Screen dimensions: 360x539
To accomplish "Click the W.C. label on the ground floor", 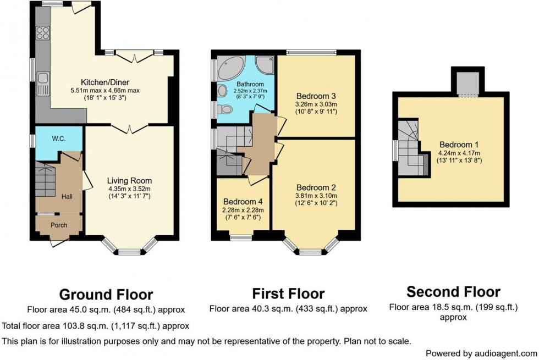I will click(58, 139).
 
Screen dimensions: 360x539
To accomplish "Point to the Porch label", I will click(58, 224).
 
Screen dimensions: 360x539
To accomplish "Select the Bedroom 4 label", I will click(243, 201).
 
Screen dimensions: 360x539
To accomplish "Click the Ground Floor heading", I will click(106, 295).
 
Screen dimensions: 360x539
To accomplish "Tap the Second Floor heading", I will click(453, 291).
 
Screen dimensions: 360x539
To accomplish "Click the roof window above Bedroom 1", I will click(469, 82).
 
